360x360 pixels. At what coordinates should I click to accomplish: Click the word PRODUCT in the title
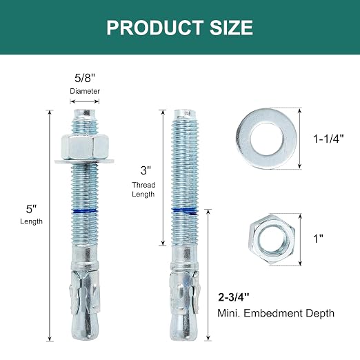[155, 28]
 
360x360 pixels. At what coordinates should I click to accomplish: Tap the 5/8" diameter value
[85, 78]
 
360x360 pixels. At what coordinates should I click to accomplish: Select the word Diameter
[85, 91]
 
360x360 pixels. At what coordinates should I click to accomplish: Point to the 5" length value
[31, 209]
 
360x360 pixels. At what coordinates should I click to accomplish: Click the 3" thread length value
[146, 170]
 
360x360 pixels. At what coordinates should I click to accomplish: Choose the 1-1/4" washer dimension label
[328, 139]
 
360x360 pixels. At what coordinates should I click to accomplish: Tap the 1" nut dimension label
[319, 239]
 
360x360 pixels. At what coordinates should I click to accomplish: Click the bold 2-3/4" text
[234, 297]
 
